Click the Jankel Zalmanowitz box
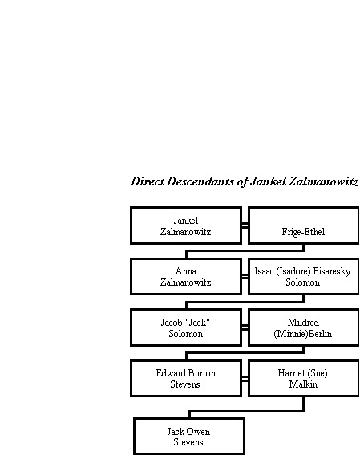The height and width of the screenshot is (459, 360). [x=186, y=225]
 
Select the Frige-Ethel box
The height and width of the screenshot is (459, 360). [x=304, y=225]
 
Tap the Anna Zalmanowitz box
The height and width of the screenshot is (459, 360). [x=186, y=276]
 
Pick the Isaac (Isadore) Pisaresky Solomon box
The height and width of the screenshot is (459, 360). [x=304, y=276]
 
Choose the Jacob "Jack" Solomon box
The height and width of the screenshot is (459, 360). [x=186, y=327]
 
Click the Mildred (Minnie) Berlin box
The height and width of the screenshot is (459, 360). [x=304, y=327]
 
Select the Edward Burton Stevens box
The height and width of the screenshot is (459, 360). [x=186, y=378]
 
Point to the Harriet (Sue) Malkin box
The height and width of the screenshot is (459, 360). [x=304, y=378]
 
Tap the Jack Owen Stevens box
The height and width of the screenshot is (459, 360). [x=189, y=437]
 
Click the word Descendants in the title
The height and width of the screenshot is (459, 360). [x=200, y=181]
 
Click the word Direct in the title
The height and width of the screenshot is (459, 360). [x=148, y=181]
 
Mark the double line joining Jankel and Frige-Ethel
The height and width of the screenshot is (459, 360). [x=245, y=225]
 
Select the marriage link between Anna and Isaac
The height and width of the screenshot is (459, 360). [x=245, y=277]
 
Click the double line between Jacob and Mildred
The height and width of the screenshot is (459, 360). [x=245, y=327]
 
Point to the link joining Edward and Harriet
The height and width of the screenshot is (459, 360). [x=245, y=379]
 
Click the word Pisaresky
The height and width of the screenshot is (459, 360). [x=332, y=271]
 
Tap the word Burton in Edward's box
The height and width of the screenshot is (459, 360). [x=202, y=373]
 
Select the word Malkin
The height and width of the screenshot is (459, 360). [x=303, y=384]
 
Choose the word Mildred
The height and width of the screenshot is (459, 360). [x=303, y=323]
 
